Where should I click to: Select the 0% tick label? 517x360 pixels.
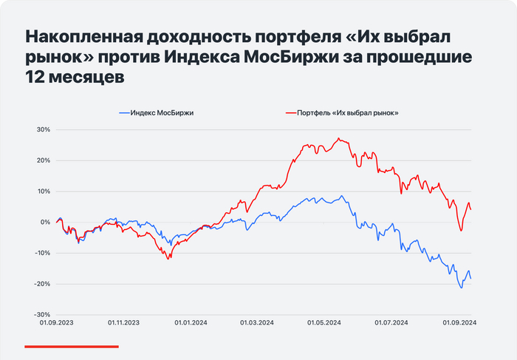44,222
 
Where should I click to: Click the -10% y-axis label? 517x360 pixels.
41,253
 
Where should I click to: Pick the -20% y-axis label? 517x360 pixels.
41,284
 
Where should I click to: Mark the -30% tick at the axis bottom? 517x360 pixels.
41,314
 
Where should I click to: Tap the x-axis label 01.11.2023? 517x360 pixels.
123,323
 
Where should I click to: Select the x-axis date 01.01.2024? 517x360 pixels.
191,323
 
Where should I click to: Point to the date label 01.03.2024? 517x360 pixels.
257,323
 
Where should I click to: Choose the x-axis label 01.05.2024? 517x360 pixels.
324,323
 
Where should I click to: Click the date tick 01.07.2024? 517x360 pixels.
391,323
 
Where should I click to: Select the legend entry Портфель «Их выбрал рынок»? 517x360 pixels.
347,112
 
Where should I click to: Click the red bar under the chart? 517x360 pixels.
72,345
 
